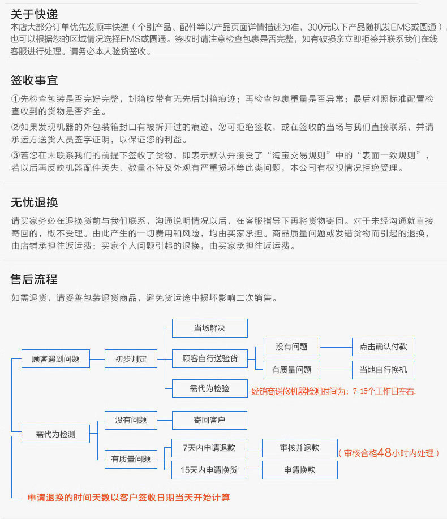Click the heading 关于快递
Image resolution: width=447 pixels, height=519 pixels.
coord(34,14)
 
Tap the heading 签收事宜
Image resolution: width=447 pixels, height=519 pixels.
coord(34,80)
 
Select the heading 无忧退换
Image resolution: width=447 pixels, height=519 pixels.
coord(34,202)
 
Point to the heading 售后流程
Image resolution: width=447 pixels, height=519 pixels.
coord(34,279)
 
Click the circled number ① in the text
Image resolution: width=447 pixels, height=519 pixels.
coord(16,98)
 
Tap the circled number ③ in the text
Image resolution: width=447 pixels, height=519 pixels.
coord(16,155)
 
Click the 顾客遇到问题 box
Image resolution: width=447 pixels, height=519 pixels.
coord(55,359)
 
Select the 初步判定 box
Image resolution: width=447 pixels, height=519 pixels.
coord(131,359)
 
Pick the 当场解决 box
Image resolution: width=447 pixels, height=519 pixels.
coord(210,328)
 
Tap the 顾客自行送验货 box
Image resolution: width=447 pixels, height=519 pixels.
coord(210,358)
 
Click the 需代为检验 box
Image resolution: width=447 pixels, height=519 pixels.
coord(210,388)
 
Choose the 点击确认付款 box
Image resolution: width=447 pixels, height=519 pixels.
coord(384,347)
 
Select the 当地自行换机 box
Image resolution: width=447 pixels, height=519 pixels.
coord(384,370)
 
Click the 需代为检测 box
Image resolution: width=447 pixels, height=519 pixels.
coord(55,434)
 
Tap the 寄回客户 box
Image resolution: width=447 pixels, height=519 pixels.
coord(209,420)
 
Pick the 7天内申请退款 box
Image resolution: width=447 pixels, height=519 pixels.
coord(209,448)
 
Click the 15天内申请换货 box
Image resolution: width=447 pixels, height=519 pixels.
coord(209,470)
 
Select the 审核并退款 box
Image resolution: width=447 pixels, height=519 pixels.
coord(300,448)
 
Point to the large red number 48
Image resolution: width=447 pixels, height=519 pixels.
coord(384,452)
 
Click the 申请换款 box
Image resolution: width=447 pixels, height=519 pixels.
coord(300,470)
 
